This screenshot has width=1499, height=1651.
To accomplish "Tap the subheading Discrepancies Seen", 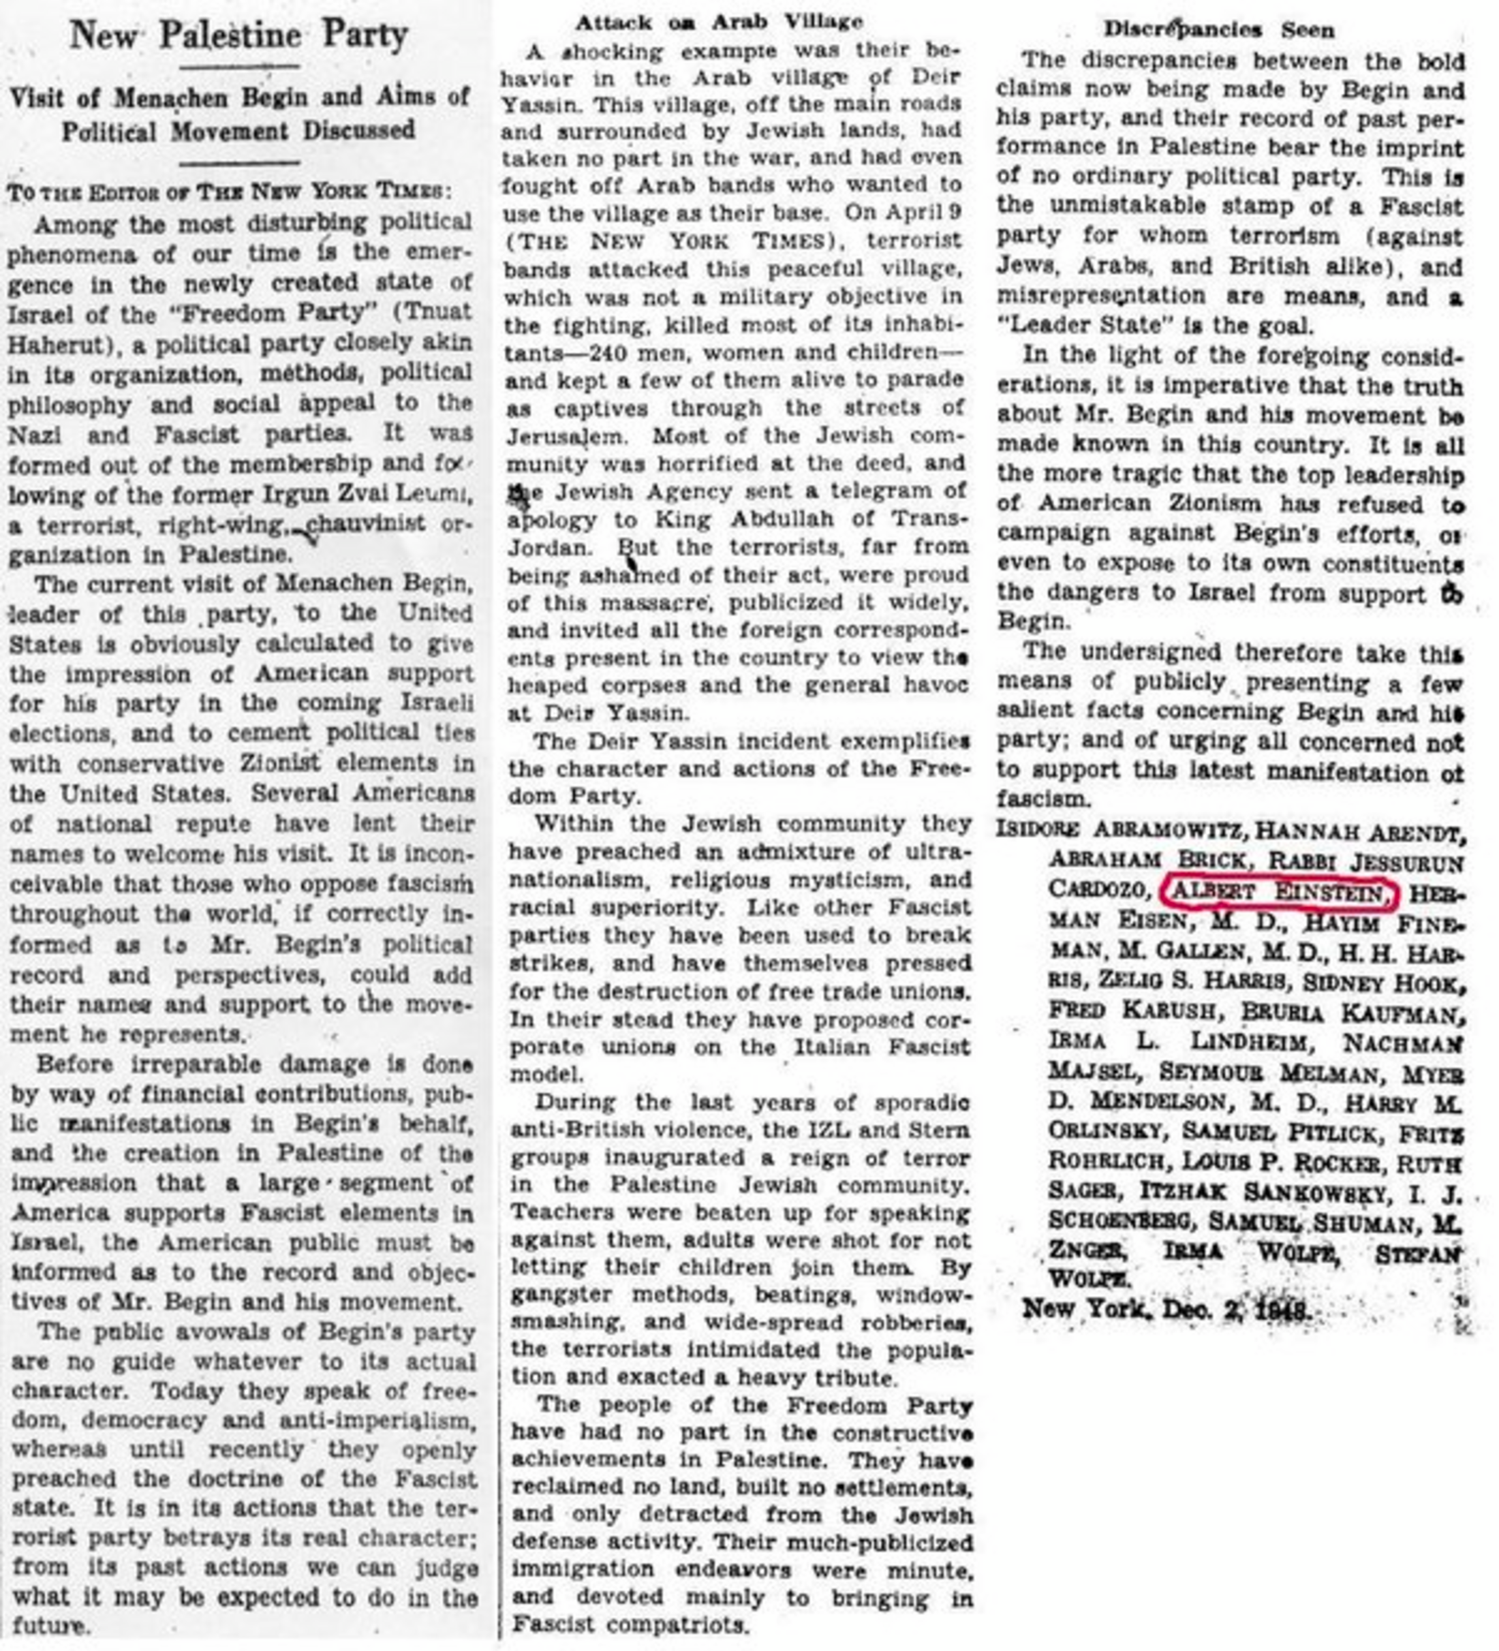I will tap(1219, 29).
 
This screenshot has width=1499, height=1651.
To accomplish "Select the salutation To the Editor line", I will tap(228, 191).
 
